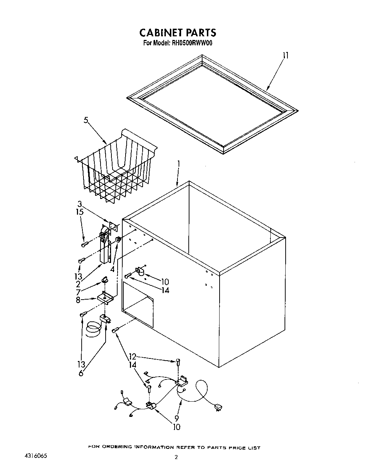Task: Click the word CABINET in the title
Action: [x=160, y=33]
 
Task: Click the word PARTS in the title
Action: [x=199, y=33]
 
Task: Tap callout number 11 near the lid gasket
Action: [x=286, y=56]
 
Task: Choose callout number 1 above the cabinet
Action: [x=178, y=164]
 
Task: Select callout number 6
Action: [x=81, y=373]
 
